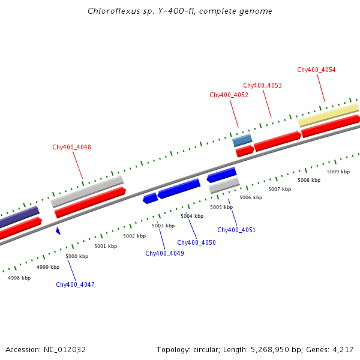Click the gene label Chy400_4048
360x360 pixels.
pos(71,147)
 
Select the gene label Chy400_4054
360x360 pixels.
pos(316,70)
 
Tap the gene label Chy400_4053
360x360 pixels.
pos(262,85)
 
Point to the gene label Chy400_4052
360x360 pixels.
pos(229,95)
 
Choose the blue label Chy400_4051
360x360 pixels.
pos(236,230)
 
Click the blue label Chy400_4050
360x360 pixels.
pos(196,242)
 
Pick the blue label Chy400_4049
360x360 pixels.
pos(164,253)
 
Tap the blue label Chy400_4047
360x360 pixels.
pos(75,284)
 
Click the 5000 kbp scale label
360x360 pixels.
pos(77,256)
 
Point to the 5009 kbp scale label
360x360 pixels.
pos(338,172)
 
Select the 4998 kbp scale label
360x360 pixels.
pos(19,278)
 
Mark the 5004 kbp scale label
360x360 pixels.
pos(192,216)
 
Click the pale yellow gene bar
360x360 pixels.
pos(328,115)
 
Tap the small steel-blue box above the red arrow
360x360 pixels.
pos(242,140)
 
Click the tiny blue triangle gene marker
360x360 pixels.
pos(58,230)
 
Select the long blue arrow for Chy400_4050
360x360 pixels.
pos(179,188)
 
